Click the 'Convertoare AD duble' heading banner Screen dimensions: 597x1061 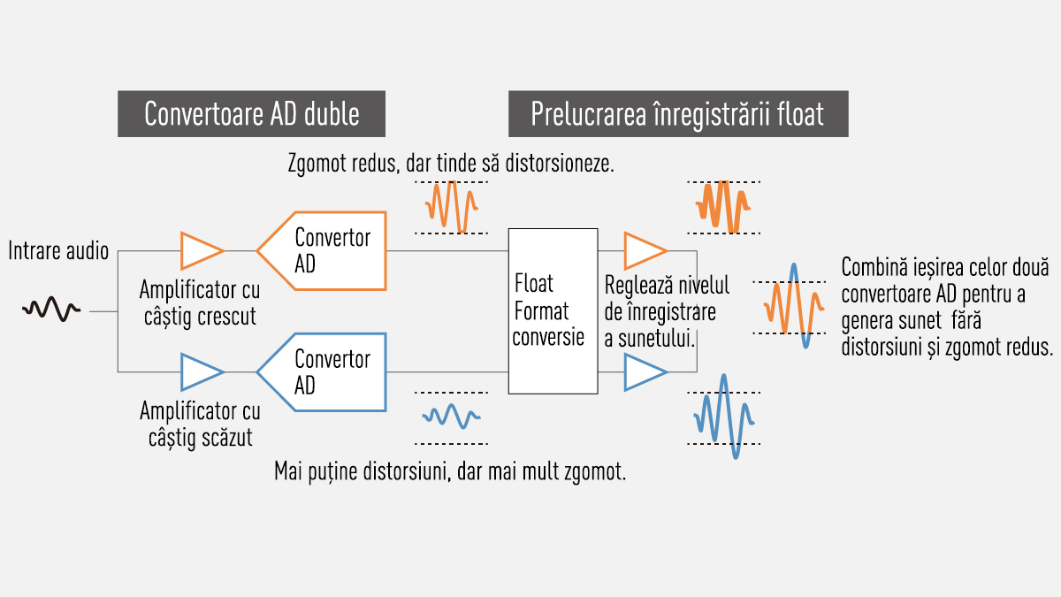(x=252, y=114)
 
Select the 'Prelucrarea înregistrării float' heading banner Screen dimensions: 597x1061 (x=677, y=114)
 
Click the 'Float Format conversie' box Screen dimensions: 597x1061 (x=553, y=310)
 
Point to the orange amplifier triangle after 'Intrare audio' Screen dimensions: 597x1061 (x=201, y=250)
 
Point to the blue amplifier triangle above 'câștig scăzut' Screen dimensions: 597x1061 (x=201, y=371)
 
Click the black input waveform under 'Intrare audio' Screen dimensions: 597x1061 (x=53, y=310)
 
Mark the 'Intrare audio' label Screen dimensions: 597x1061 (x=58, y=251)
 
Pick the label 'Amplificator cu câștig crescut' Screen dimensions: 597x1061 (x=200, y=302)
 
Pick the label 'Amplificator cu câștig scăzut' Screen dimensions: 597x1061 (x=200, y=424)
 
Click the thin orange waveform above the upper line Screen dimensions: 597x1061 (x=452, y=206)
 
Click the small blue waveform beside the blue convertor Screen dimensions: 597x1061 (x=451, y=415)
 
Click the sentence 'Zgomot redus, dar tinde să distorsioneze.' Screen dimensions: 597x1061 (x=451, y=165)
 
